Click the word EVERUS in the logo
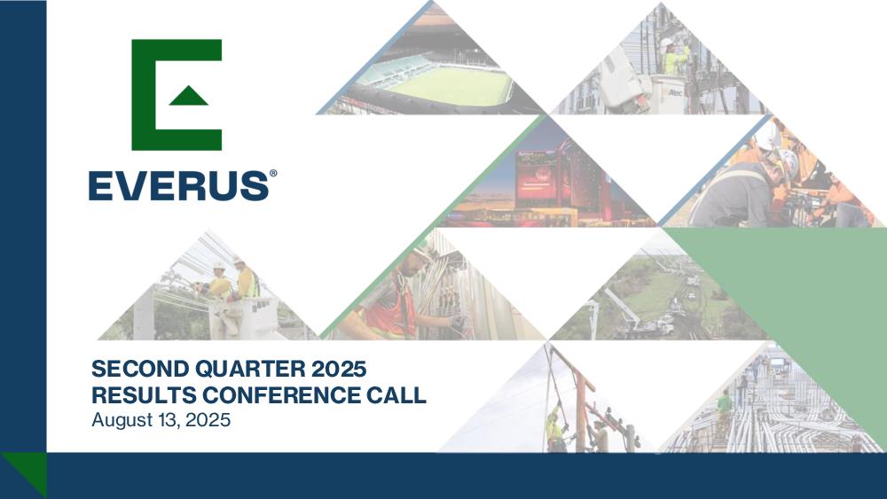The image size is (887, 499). (x=178, y=186)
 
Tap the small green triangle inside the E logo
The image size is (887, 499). (x=188, y=96)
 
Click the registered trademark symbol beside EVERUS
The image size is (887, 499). (x=273, y=174)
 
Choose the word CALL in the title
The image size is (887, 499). (x=396, y=395)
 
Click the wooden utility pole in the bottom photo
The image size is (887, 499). (x=579, y=407)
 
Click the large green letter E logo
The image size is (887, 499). (x=176, y=95)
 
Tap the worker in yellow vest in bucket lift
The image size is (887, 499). (x=674, y=57)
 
